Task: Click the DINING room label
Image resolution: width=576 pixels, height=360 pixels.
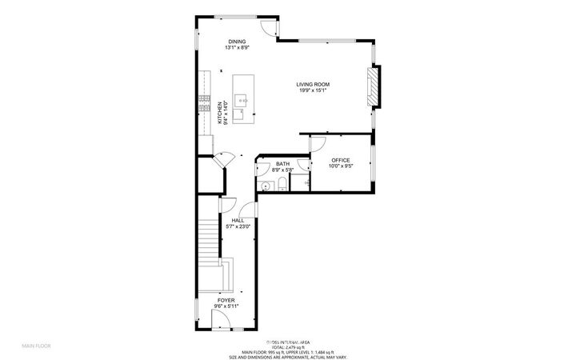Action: pos(236,42)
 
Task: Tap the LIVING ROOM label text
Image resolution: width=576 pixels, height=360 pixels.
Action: pos(313,84)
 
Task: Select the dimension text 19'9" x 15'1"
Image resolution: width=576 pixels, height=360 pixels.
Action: pos(313,90)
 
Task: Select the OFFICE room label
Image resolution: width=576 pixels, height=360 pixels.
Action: pos(341,161)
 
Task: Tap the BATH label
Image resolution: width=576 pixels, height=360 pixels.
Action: pos(283,164)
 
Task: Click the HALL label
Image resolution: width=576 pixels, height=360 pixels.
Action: pos(238,220)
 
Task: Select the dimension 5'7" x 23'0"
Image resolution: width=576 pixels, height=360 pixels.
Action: pos(241,226)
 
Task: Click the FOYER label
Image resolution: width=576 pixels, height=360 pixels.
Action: pos(225,300)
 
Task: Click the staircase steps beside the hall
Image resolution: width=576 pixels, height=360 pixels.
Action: pos(208,236)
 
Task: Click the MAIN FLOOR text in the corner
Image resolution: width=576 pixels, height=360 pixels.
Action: pos(36,346)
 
